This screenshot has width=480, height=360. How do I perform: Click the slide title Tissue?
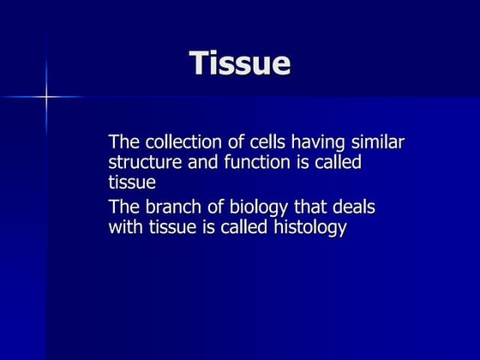click(x=240, y=63)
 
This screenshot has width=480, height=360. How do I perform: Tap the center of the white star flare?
click(x=46, y=98)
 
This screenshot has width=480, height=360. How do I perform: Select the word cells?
click(x=254, y=141)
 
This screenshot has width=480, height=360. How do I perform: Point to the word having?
click(x=307, y=142)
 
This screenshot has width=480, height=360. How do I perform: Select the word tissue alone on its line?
click(x=131, y=183)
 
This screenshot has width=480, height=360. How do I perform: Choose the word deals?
click(x=354, y=207)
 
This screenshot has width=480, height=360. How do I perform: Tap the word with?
click(x=125, y=228)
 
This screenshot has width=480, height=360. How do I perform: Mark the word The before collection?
click(x=123, y=141)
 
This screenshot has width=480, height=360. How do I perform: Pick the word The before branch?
click(x=123, y=207)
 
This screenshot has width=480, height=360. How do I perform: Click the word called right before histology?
click(x=242, y=228)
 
